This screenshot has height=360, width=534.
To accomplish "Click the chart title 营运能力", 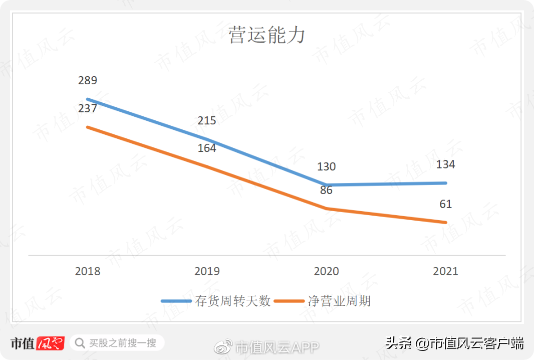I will (x=266, y=36).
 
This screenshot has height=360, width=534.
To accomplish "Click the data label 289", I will (x=88, y=80).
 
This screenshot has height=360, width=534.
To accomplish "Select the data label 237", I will (x=88, y=108).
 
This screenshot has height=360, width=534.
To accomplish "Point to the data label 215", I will (x=207, y=120).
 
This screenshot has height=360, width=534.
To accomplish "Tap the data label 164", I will (x=207, y=148).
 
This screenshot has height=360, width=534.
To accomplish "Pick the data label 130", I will (x=327, y=167).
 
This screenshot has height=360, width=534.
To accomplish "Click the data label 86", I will (x=326, y=191).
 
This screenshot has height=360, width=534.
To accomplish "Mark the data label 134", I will (x=445, y=164).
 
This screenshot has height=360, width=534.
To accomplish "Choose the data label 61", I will (x=445, y=204).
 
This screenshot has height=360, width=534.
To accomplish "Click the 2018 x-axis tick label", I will (x=88, y=271).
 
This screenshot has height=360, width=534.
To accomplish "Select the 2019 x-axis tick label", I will (x=207, y=271).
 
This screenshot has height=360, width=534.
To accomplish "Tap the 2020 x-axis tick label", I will (x=327, y=271).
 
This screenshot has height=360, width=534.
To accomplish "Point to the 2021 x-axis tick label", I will (x=445, y=271).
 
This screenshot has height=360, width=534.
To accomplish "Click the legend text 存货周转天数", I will (x=233, y=301).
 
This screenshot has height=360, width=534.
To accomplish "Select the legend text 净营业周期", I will (x=340, y=301).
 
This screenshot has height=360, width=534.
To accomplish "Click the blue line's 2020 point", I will (x=327, y=185).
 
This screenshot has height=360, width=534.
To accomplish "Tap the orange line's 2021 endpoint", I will (x=445, y=222).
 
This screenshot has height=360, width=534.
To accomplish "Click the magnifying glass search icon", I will (x=80, y=343).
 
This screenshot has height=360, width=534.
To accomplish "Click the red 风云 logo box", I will (x=50, y=343).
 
